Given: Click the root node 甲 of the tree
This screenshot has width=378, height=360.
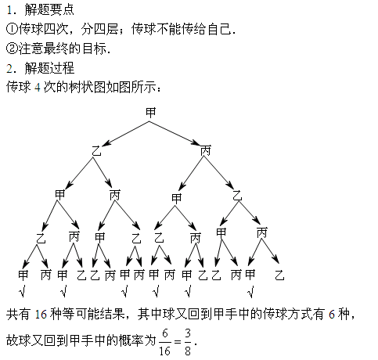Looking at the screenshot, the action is pos(150,113).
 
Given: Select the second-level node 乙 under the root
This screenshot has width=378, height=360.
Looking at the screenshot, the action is pos(96,151).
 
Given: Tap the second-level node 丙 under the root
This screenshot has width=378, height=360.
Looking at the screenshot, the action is pos(206,150).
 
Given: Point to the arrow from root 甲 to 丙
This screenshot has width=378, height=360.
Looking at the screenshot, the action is pos(175,133).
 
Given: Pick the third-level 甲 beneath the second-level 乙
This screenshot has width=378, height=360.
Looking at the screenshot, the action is pos(60,194).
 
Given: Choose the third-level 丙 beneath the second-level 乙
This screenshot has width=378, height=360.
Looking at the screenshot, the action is pos(115,195).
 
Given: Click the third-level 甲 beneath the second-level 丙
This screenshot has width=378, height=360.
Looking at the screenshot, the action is pos(177,198).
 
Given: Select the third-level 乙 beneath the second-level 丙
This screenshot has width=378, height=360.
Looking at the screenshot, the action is pos(237,196).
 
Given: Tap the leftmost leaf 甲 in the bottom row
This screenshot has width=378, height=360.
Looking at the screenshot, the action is pos(23,275).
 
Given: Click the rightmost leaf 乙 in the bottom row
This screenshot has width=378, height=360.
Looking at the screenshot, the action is pos(279,275).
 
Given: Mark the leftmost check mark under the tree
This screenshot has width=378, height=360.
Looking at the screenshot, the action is pos(23,292).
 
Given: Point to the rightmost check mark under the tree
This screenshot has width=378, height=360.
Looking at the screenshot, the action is pos(250,292).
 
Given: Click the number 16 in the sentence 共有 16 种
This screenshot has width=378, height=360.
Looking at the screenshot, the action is pos(41,315).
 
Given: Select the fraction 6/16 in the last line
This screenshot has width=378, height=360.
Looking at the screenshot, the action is pos(165,342).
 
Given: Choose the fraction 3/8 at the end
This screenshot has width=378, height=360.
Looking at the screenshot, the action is pos(188,342).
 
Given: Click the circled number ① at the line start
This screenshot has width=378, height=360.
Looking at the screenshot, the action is pos(12,29).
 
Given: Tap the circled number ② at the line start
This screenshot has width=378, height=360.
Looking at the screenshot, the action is pos(12,49).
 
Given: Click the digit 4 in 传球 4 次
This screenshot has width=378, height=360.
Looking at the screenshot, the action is pos(38,87).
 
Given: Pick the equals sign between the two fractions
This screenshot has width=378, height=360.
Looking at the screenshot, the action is pos(178,342).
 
